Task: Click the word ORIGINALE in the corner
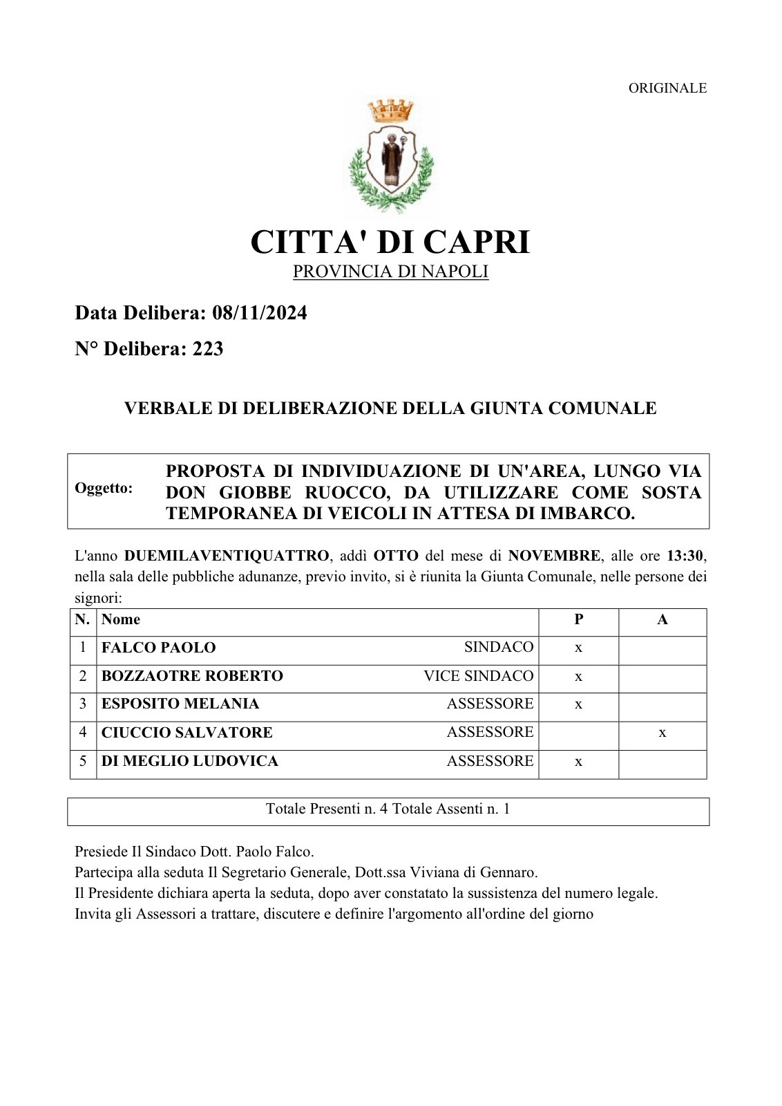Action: [x=667, y=88]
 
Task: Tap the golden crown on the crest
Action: [x=390, y=111]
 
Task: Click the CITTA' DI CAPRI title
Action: [x=390, y=242]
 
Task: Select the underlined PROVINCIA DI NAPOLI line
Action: [x=390, y=272]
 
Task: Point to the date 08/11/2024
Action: [x=260, y=313]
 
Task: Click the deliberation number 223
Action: [x=208, y=349]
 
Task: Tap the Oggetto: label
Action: [x=104, y=488]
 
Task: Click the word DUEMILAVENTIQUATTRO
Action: [x=227, y=556]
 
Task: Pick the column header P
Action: [x=578, y=619]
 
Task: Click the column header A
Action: [x=662, y=619]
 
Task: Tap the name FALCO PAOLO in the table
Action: [x=158, y=648]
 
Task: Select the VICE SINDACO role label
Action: [x=479, y=676]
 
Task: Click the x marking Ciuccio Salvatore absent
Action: [x=662, y=733]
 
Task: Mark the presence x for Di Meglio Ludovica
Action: [x=578, y=762]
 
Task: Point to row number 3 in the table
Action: [x=83, y=704]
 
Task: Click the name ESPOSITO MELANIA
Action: [x=180, y=704]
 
